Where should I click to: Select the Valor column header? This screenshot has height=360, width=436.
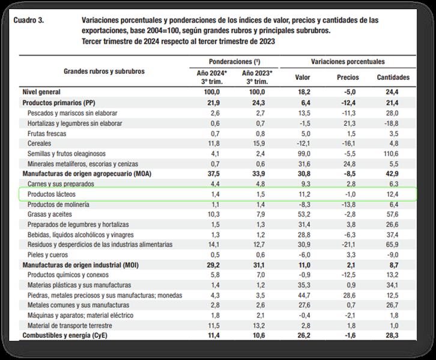(x=303, y=77)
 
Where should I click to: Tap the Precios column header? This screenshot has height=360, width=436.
(x=348, y=77)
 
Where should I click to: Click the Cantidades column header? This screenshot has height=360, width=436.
(x=393, y=77)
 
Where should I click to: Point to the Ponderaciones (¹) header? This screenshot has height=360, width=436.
(x=234, y=62)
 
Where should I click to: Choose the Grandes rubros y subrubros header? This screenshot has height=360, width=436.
(x=104, y=71)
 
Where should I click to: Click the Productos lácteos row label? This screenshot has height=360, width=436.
(x=54, y=194)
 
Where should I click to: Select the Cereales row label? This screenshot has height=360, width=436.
(x=39, y=143)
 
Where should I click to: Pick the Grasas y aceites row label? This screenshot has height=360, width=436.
(x=49, y=215)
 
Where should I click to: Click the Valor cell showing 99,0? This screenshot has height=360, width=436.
(x=303, y=154)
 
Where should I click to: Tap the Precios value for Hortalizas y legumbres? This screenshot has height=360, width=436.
(x=349, y=123)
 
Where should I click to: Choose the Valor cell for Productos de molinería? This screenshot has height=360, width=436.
(x=304, y=205)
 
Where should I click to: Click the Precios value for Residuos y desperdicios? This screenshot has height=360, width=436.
(x=348, y=245)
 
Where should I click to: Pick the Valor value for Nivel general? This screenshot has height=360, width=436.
(x=303, y=92)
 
